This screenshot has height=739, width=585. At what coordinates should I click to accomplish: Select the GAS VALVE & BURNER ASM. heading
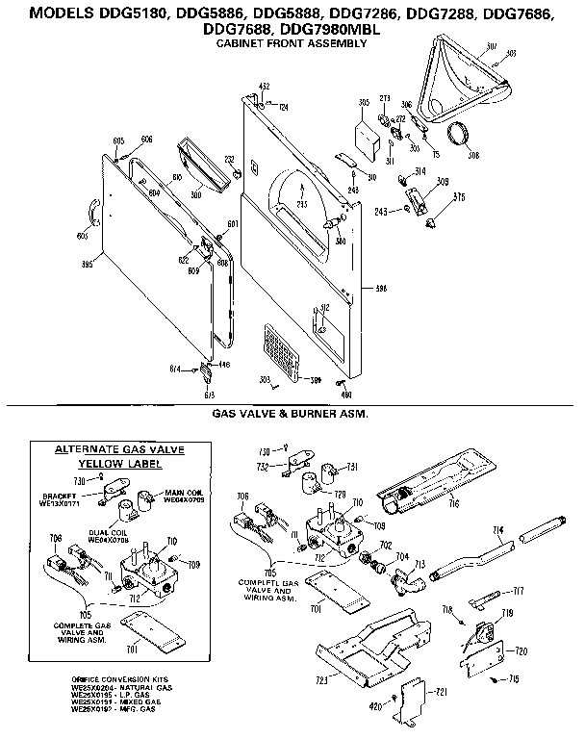(291, 413)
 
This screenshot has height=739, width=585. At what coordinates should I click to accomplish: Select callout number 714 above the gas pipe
(498, 530)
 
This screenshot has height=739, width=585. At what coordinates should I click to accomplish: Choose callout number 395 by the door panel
(88, 265)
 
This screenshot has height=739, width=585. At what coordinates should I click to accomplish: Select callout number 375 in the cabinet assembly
(459, 198)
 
